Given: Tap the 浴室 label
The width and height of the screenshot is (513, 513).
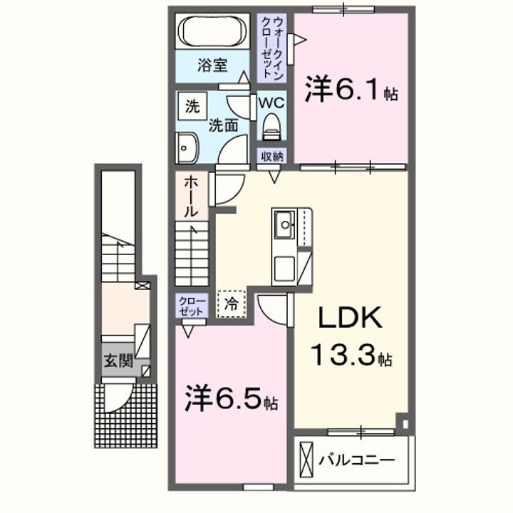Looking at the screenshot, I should [212, 66].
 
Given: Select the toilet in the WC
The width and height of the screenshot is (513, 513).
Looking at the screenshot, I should [271, 128].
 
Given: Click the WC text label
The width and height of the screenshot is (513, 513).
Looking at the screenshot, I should [271, 103].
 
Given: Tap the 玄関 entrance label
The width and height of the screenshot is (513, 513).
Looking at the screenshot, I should [118, 361].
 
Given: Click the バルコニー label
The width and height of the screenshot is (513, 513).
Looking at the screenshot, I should [356, 460].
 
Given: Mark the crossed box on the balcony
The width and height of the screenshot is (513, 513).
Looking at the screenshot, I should [307, 460].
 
